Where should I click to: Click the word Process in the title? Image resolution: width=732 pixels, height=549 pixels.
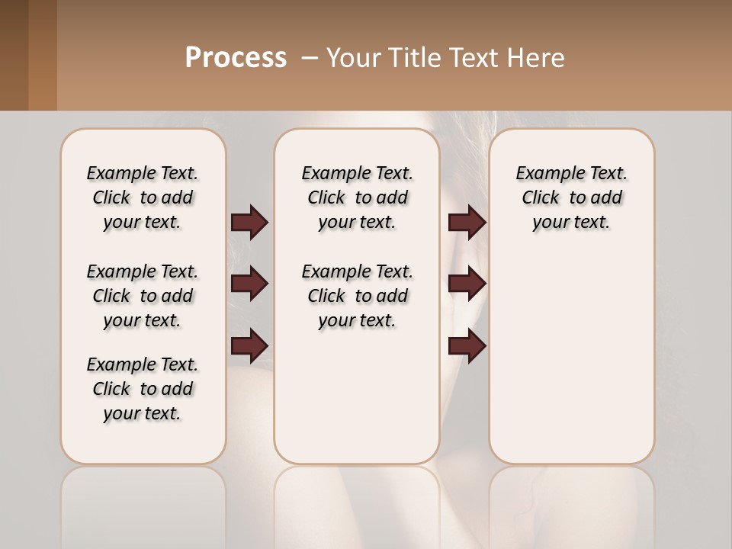click(x=236, y=58)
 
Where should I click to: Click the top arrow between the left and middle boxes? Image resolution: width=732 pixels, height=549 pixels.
click(x=249, y=222)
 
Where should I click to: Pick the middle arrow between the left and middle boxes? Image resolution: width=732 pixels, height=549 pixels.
click(x=249, y=284)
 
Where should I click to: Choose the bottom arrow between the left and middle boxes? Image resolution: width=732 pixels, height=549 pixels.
click(x=249, y=346)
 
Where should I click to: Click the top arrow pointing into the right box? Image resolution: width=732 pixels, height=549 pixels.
click(x=467, y=222)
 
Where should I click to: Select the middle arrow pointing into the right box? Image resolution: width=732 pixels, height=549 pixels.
click(x=467, y=284)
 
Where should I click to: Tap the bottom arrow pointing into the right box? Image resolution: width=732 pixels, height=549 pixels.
click(x=467, y=346)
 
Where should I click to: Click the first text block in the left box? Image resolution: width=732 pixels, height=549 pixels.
click(x=143, y=197)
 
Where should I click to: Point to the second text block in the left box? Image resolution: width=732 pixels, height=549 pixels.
click(x=143, y=296)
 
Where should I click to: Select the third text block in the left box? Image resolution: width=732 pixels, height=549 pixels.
click(x=143, y=389)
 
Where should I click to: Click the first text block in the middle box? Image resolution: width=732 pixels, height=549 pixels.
click(x=357, y=197)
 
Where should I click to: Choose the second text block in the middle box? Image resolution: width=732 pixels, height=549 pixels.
click(x=357, y=296)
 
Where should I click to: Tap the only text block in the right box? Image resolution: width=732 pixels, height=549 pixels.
click(x=571, y=197)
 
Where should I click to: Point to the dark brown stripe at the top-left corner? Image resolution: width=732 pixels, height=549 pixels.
click(x=14, y=55)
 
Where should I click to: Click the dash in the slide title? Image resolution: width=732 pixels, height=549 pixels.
click(x=309, y=58)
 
